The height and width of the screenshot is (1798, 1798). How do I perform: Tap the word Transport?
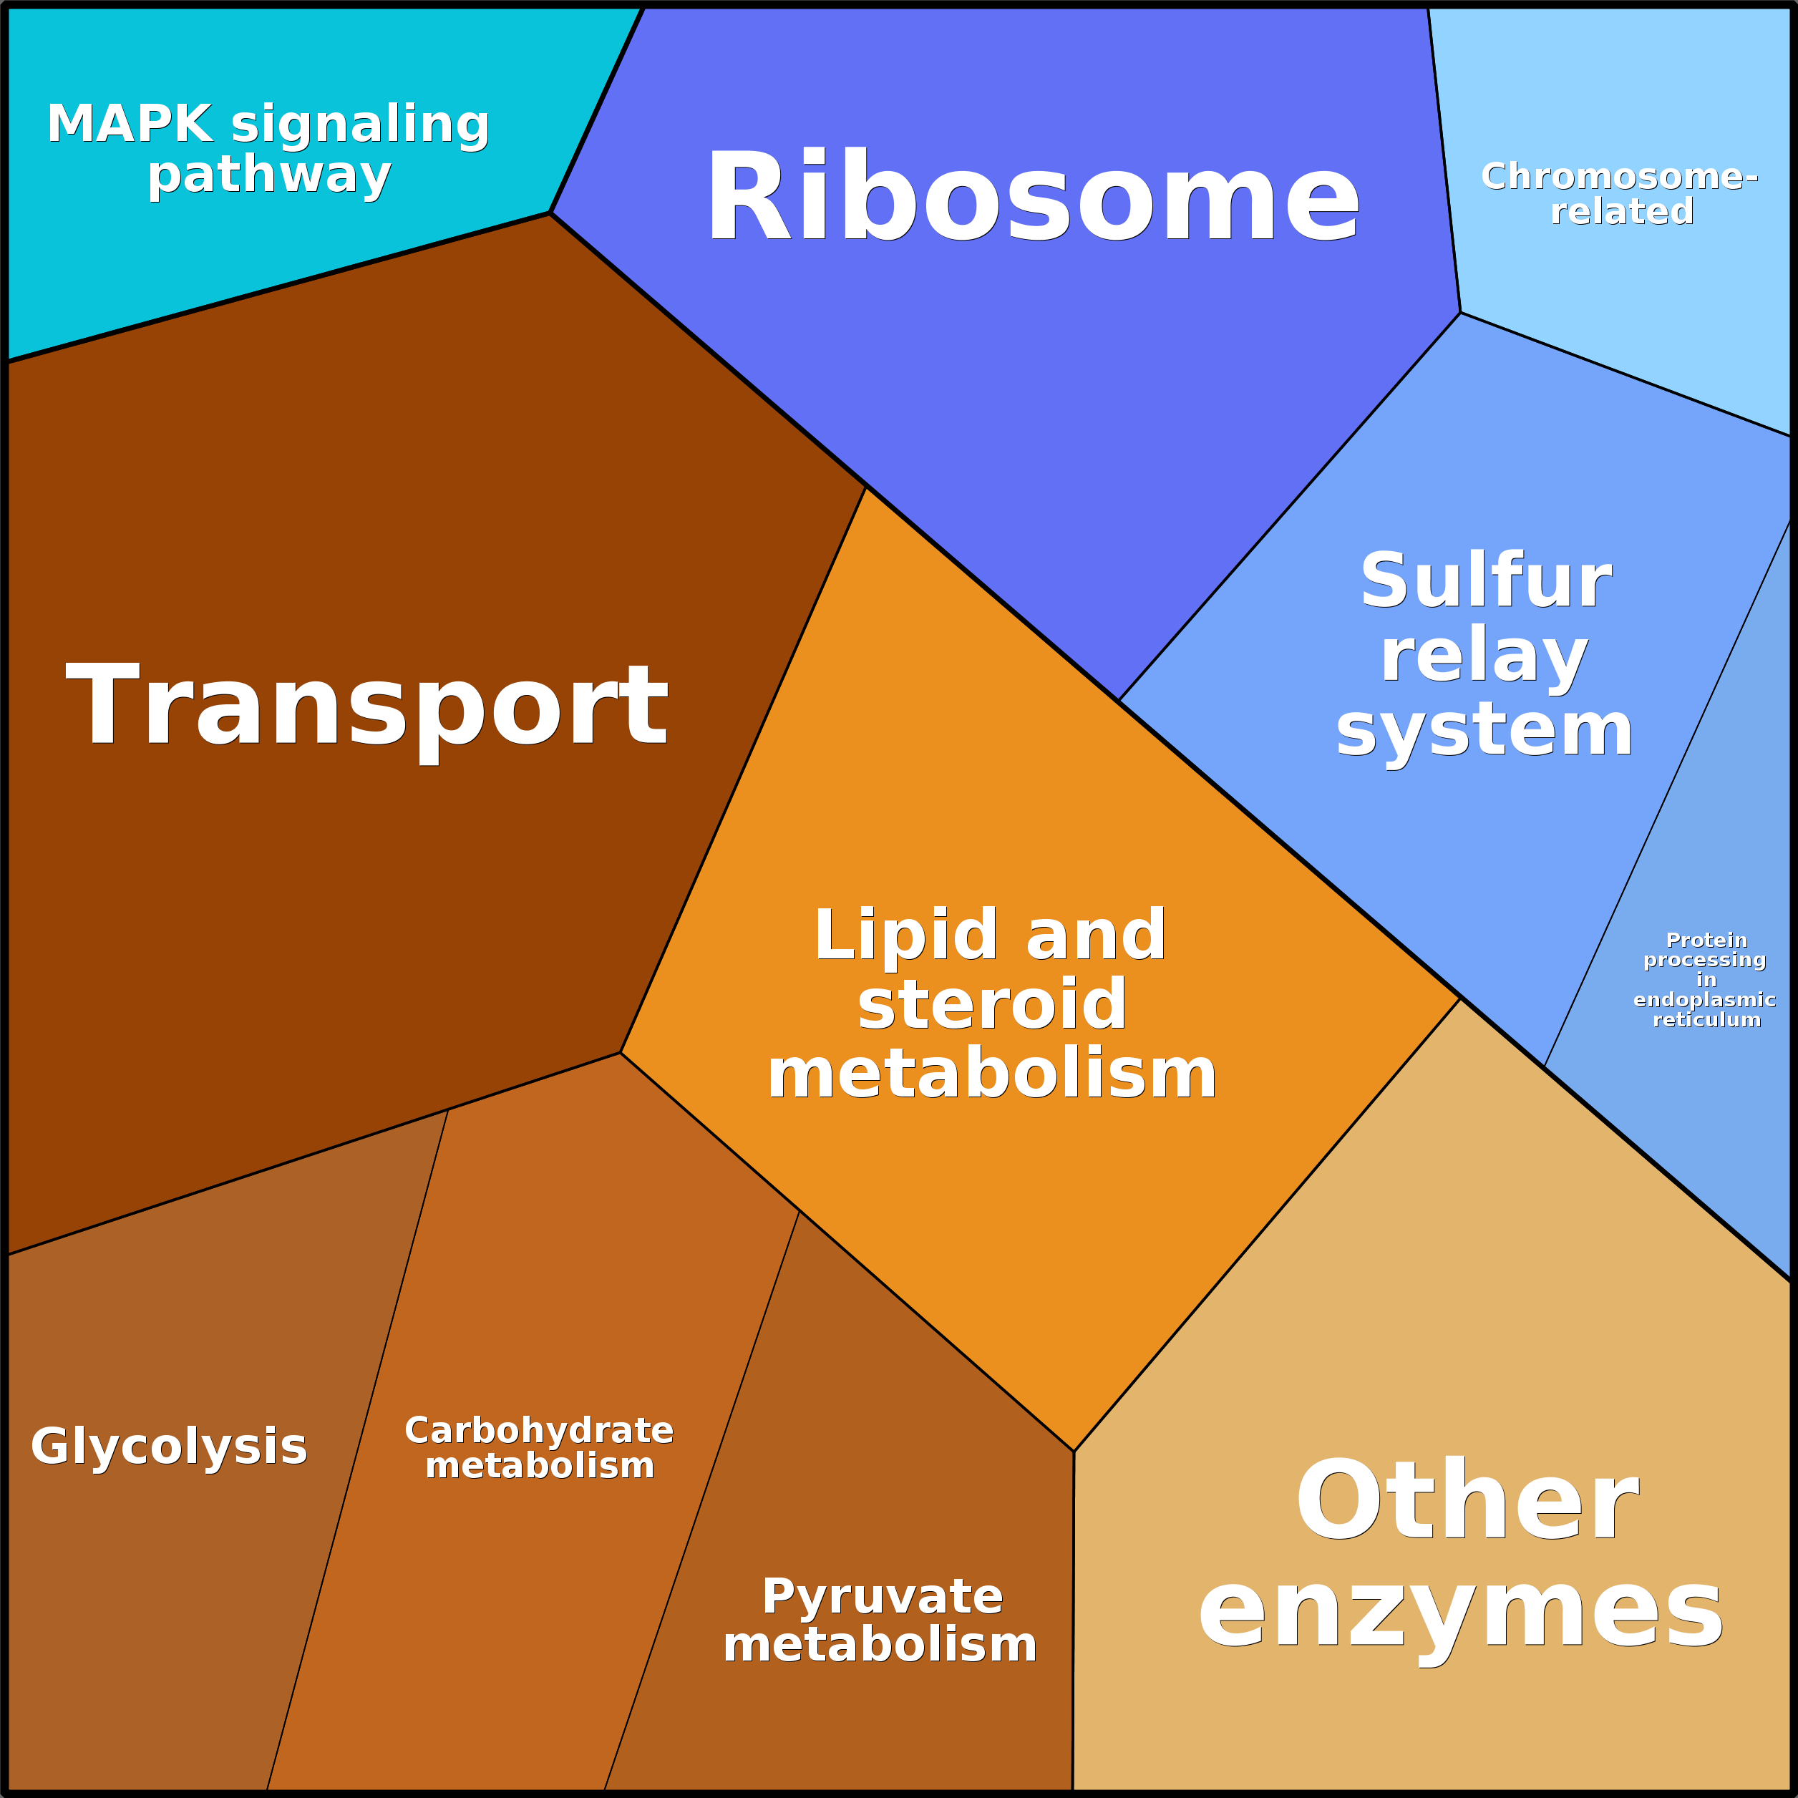[366, 706]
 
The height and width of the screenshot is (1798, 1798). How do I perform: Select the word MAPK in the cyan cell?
[130, 124]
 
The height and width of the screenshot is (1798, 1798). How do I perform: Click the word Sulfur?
[1485, 580]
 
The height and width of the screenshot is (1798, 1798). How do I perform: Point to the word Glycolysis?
[168, 1447]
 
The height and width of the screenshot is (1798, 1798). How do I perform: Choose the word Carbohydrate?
[539, 1430]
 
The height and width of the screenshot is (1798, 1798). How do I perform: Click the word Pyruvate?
[883, 1597]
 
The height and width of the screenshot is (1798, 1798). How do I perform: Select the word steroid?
[992, 1005]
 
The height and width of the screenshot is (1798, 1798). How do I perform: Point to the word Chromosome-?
[1619, 176]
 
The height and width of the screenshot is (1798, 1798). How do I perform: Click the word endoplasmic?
[1705, 999]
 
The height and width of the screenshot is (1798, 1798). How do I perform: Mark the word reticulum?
[1707, 1019]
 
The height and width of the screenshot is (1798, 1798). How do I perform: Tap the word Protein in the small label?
[1707, 940]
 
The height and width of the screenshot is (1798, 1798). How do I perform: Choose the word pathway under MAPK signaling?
[270, 175]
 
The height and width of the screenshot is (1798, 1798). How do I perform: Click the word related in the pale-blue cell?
[1621, 211]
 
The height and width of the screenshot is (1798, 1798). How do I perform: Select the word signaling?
[360, 124]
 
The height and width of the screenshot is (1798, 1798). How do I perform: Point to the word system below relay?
[1484, 732]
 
